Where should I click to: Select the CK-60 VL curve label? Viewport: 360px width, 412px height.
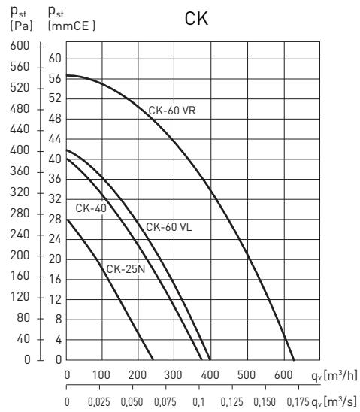pyautogui.click(x=169, y=226)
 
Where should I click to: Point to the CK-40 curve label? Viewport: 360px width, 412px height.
pyautogui.click(x=89, y=207)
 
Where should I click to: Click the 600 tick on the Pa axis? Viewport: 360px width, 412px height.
pyautogui.click(x=15, y=47)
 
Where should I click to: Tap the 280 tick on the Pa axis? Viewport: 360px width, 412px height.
pyautogui.click(x=15, y=214)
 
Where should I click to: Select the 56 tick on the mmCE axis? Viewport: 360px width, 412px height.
pyautogui.click(x=54, y=78)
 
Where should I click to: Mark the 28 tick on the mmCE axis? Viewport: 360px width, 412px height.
pyautogui.click(x=54, y=219)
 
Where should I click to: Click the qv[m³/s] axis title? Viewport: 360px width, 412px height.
pyautogui.click(x=331, y=402)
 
